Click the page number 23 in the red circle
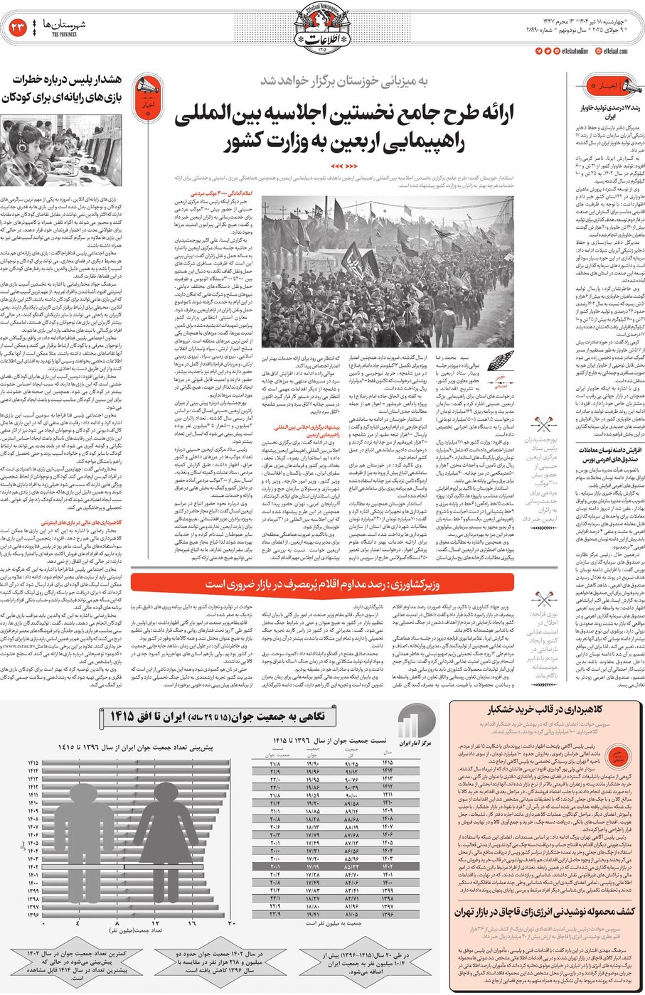point(17,28)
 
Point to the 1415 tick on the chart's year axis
point(33,763)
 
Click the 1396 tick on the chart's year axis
point(33,915)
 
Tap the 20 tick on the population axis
point(231,923)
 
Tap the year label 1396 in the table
point(388,915)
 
